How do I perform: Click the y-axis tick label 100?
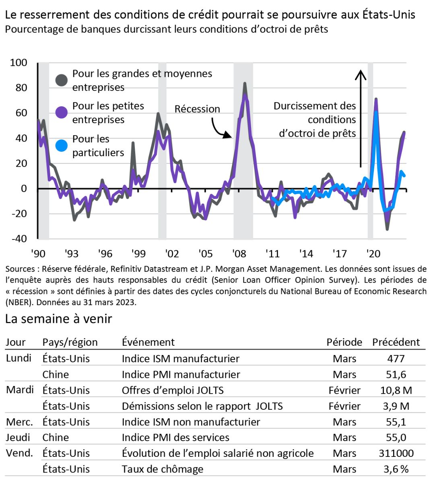(19, 63)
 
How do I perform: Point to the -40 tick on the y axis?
(19, 238)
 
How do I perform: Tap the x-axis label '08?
(239, 254)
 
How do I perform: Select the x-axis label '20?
(373, 254)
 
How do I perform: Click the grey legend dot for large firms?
(62, 80)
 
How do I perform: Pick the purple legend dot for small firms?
(62, 112)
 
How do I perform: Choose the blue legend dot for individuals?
(62, 145)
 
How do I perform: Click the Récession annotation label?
(197, 109)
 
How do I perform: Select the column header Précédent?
(396, 342)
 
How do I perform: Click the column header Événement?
(148, 342)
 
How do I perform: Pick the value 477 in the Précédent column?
(396, 359)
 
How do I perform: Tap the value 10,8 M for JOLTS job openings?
(396, 390)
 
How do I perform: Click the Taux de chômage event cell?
(162, 469)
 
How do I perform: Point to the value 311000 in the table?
(396, 453)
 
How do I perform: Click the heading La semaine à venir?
(58, 319)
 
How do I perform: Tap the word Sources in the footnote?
(20, 269)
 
